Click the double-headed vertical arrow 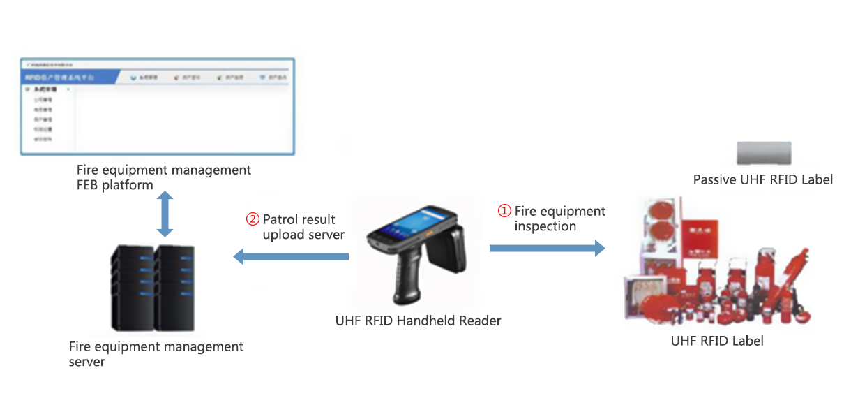pos(165,214)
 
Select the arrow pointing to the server pos(290,257)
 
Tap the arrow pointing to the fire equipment pos(547,248)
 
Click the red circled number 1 pos(504,211)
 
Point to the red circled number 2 pos(253,219)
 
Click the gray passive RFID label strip pos(764,153)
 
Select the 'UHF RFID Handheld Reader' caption pos(418,321)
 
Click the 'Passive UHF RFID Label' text pos(762,179)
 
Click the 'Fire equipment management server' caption pos(156,354)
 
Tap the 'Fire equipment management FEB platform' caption pos(164,177)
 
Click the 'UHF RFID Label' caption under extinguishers pos(716,341)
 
